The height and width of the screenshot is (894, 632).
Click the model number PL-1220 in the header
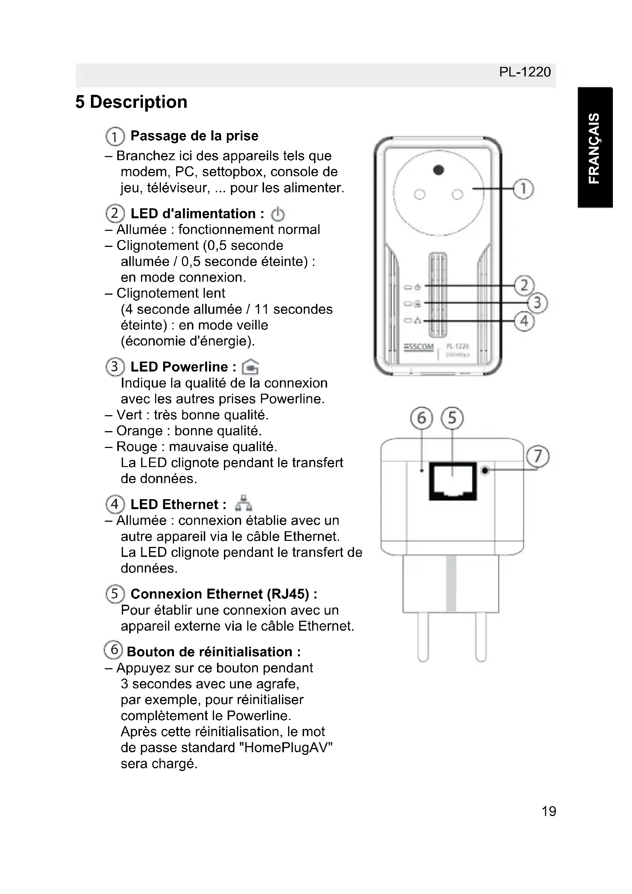[x=525, y=72]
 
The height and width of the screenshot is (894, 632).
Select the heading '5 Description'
[x=131, y=102]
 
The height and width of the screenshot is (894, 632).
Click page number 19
[x=549, y=811]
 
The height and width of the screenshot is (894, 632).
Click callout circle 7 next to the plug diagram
[x=538, y=456]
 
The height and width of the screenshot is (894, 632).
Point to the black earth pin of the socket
[x=439, y=170]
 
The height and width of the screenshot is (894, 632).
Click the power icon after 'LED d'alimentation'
[x=277, y=214]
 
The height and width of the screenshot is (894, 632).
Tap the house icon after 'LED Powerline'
[x=251, y=367]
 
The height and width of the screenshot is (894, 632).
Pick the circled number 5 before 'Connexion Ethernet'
[x=114, y=594]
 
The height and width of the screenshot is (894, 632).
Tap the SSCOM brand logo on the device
[x=419, y=347]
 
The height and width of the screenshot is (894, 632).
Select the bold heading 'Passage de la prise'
[x=194, y=136]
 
